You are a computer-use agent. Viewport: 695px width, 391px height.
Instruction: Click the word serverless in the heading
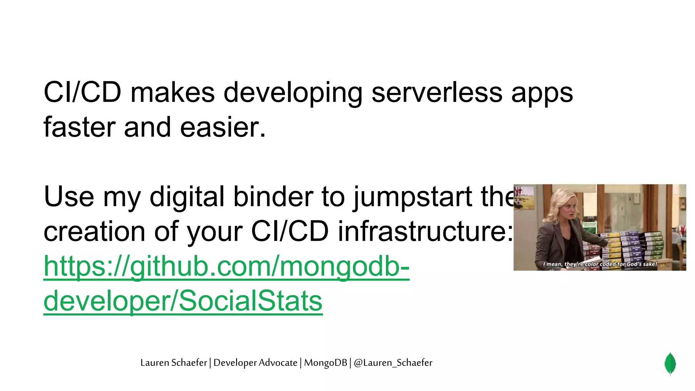pos(437,92)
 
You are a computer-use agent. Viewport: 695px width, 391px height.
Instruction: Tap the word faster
pos(79,127)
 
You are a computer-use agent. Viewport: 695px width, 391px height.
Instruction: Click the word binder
pos(273,197)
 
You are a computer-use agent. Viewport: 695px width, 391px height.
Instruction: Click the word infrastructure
pos(425,231)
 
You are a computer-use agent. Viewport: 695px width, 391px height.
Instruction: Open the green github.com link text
pos(226,267)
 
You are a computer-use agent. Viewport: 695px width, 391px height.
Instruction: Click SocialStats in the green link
pos(250,301)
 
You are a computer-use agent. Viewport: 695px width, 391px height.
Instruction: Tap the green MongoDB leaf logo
pos(670,364)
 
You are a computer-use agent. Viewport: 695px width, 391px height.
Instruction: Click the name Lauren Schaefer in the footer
pos(173,363)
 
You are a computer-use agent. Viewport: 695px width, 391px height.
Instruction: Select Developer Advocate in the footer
pos(255,363)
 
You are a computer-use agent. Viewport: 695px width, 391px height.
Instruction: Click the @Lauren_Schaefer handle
pos(393,363)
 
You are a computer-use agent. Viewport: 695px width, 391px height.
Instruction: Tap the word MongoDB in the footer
pos(325,363)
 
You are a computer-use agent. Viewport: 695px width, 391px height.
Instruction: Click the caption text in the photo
pos(600,264)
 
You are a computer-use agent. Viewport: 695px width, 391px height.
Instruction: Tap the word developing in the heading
pos(293,93)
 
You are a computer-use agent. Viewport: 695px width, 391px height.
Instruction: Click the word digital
pos(187,197)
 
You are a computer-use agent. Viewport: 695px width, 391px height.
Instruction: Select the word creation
pos(95,231)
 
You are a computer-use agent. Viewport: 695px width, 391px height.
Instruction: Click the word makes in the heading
pos(172,92)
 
